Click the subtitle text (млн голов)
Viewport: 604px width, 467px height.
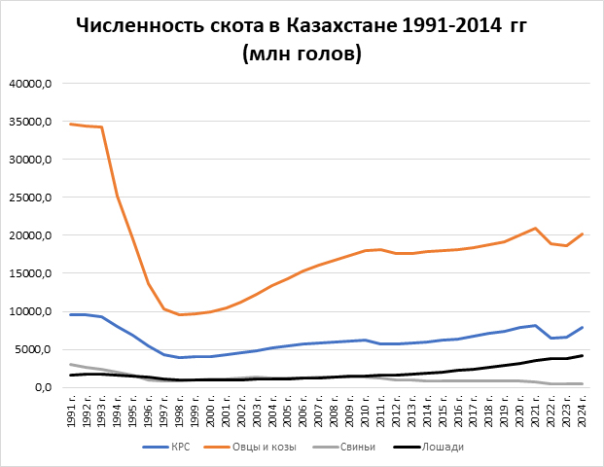(x=302, y=54)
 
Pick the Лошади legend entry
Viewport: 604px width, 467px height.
(x=443, y=447)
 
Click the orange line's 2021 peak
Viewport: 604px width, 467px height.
(x=536, y=229)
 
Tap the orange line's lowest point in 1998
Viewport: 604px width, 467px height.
(x=180, y=315)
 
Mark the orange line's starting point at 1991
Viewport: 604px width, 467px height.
(x=71, y=124)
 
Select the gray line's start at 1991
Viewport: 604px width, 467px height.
(x=71, y=365)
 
